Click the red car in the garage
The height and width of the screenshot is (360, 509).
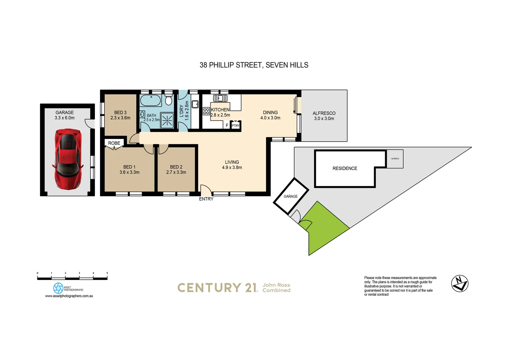(68, 159)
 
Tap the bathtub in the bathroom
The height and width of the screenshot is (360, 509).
(151, 100)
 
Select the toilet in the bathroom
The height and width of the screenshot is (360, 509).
(169, 100)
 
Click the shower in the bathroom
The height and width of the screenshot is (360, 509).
(167, 120)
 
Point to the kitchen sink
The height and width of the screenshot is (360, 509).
(220, 98)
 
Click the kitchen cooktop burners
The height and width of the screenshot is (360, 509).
(206, 111)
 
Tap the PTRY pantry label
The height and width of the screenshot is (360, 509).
(236, 126)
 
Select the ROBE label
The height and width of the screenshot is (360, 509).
(114, 143)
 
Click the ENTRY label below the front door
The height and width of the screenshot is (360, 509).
(206, 199)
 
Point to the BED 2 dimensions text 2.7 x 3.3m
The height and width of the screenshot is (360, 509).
(176, 172)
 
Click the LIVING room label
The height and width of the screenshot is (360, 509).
(232, 162)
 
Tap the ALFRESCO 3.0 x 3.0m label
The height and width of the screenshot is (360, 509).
(324, 116)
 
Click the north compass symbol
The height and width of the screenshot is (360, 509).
(460, 284)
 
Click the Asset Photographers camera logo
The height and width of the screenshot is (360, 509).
(58, 288)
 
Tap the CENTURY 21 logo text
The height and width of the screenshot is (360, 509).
(217, 288)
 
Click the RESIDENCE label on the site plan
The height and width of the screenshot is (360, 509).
(345, 169)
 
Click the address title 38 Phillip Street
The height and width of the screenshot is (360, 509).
(254, 65)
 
